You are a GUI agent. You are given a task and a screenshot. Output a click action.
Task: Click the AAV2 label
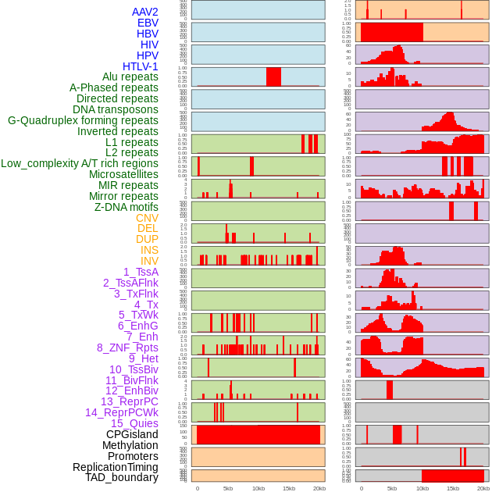144,12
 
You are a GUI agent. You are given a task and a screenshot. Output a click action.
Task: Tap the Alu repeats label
130,77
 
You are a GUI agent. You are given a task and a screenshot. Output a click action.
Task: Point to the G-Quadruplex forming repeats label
83,120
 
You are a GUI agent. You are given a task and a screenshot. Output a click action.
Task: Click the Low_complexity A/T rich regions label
80,163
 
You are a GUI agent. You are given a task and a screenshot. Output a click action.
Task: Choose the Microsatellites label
123,174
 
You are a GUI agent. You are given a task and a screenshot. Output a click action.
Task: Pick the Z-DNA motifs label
126,207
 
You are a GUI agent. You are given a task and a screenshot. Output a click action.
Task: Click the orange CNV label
147,218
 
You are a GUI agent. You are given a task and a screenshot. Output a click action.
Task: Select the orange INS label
149,250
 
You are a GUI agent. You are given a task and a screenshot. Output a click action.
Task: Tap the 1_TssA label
141,272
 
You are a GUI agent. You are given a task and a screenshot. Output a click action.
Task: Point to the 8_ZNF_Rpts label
127,348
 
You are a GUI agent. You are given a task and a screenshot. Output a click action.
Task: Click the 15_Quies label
134,423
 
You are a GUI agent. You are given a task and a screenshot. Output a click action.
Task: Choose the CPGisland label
132,434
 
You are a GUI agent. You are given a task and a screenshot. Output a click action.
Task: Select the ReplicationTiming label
116,467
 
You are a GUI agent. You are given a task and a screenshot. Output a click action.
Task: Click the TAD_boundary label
121,477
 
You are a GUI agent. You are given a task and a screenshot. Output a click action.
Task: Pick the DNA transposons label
116,109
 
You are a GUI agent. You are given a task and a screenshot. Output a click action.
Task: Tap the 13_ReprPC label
129,401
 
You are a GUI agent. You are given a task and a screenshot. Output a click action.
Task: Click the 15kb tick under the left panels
289,488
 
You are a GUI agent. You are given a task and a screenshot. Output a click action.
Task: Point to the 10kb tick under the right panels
422,488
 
